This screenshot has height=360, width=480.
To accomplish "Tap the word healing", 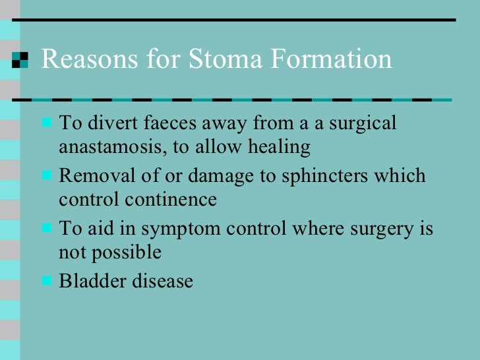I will [x=279, y=146].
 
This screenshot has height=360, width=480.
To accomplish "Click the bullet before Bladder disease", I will [x=47, y=280].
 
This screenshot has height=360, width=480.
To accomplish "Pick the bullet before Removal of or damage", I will [x=47, y=176].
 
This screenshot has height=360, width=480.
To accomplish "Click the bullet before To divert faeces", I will [x=47, y=123].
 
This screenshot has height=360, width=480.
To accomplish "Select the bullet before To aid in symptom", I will [x=47, y=228].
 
